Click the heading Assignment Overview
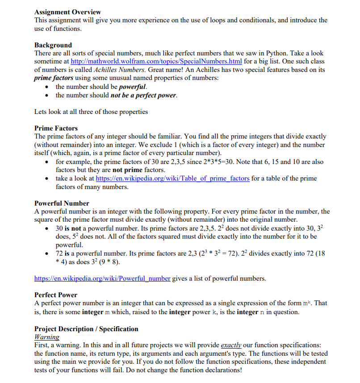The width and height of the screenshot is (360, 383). (67, 12)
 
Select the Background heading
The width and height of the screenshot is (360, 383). (53, 45)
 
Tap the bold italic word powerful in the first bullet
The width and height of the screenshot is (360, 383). (132, 87)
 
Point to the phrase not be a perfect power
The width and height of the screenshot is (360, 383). (143, 95)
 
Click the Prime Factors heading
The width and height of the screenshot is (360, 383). (56, 128)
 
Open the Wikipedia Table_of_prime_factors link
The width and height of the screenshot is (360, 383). (172, 178)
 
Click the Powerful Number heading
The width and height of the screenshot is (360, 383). (62, 203)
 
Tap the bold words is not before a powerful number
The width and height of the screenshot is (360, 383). (75, 228)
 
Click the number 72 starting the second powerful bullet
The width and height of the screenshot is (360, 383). (59, 253)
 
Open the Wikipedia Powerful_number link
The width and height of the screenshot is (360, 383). (102, 278)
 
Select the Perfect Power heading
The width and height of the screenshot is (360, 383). (56, 295)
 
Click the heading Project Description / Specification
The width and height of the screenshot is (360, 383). (86, 329)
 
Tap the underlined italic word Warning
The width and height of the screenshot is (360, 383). (47, 337)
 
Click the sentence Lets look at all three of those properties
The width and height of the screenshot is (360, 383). (91, 112)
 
